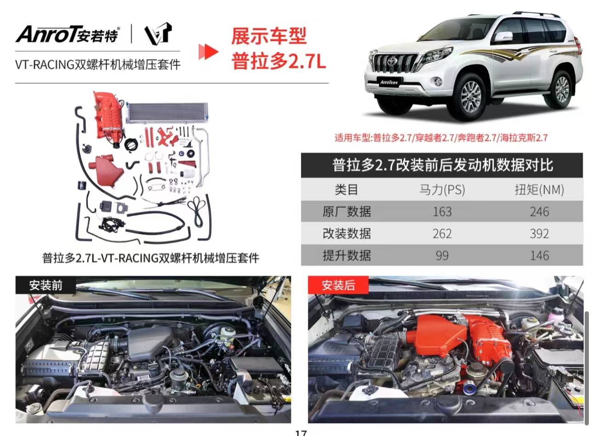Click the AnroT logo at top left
(x=68, y=34)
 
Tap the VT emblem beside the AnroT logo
(x=158, y=34)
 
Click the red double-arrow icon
(x=208, y=51)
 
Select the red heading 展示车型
(x=269, y=36)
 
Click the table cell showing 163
(x=442, y=212)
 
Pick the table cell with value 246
(x=539, y=212)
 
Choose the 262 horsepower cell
(x=442, y=234)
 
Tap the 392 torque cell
(x=539, y=234)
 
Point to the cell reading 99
(x=442, y=256)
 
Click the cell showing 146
(x=539, y=256)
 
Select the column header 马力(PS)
(x=442, y=190)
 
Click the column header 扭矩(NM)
(x=539, y=190)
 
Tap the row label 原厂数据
(x=347, y=212)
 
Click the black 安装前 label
(x=46, y=285)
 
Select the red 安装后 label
(x=338, y=285)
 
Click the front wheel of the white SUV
(x=471, y=97)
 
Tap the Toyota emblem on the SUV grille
(x=391, y=61)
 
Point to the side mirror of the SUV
(x=503, y=37)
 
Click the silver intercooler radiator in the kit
(x=167, y=112)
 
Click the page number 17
(x=301, y=433)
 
